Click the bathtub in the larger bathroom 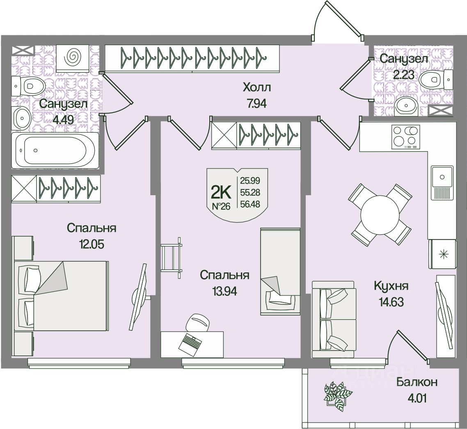[x=55, y=150]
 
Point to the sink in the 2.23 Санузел [x=407, y=107]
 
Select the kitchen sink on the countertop [x=442, y=177]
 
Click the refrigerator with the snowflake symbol [x=442, y=254]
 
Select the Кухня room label [x=391, y=286]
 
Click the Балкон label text [x=417, y=382]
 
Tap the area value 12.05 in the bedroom [x=92, y=245]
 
